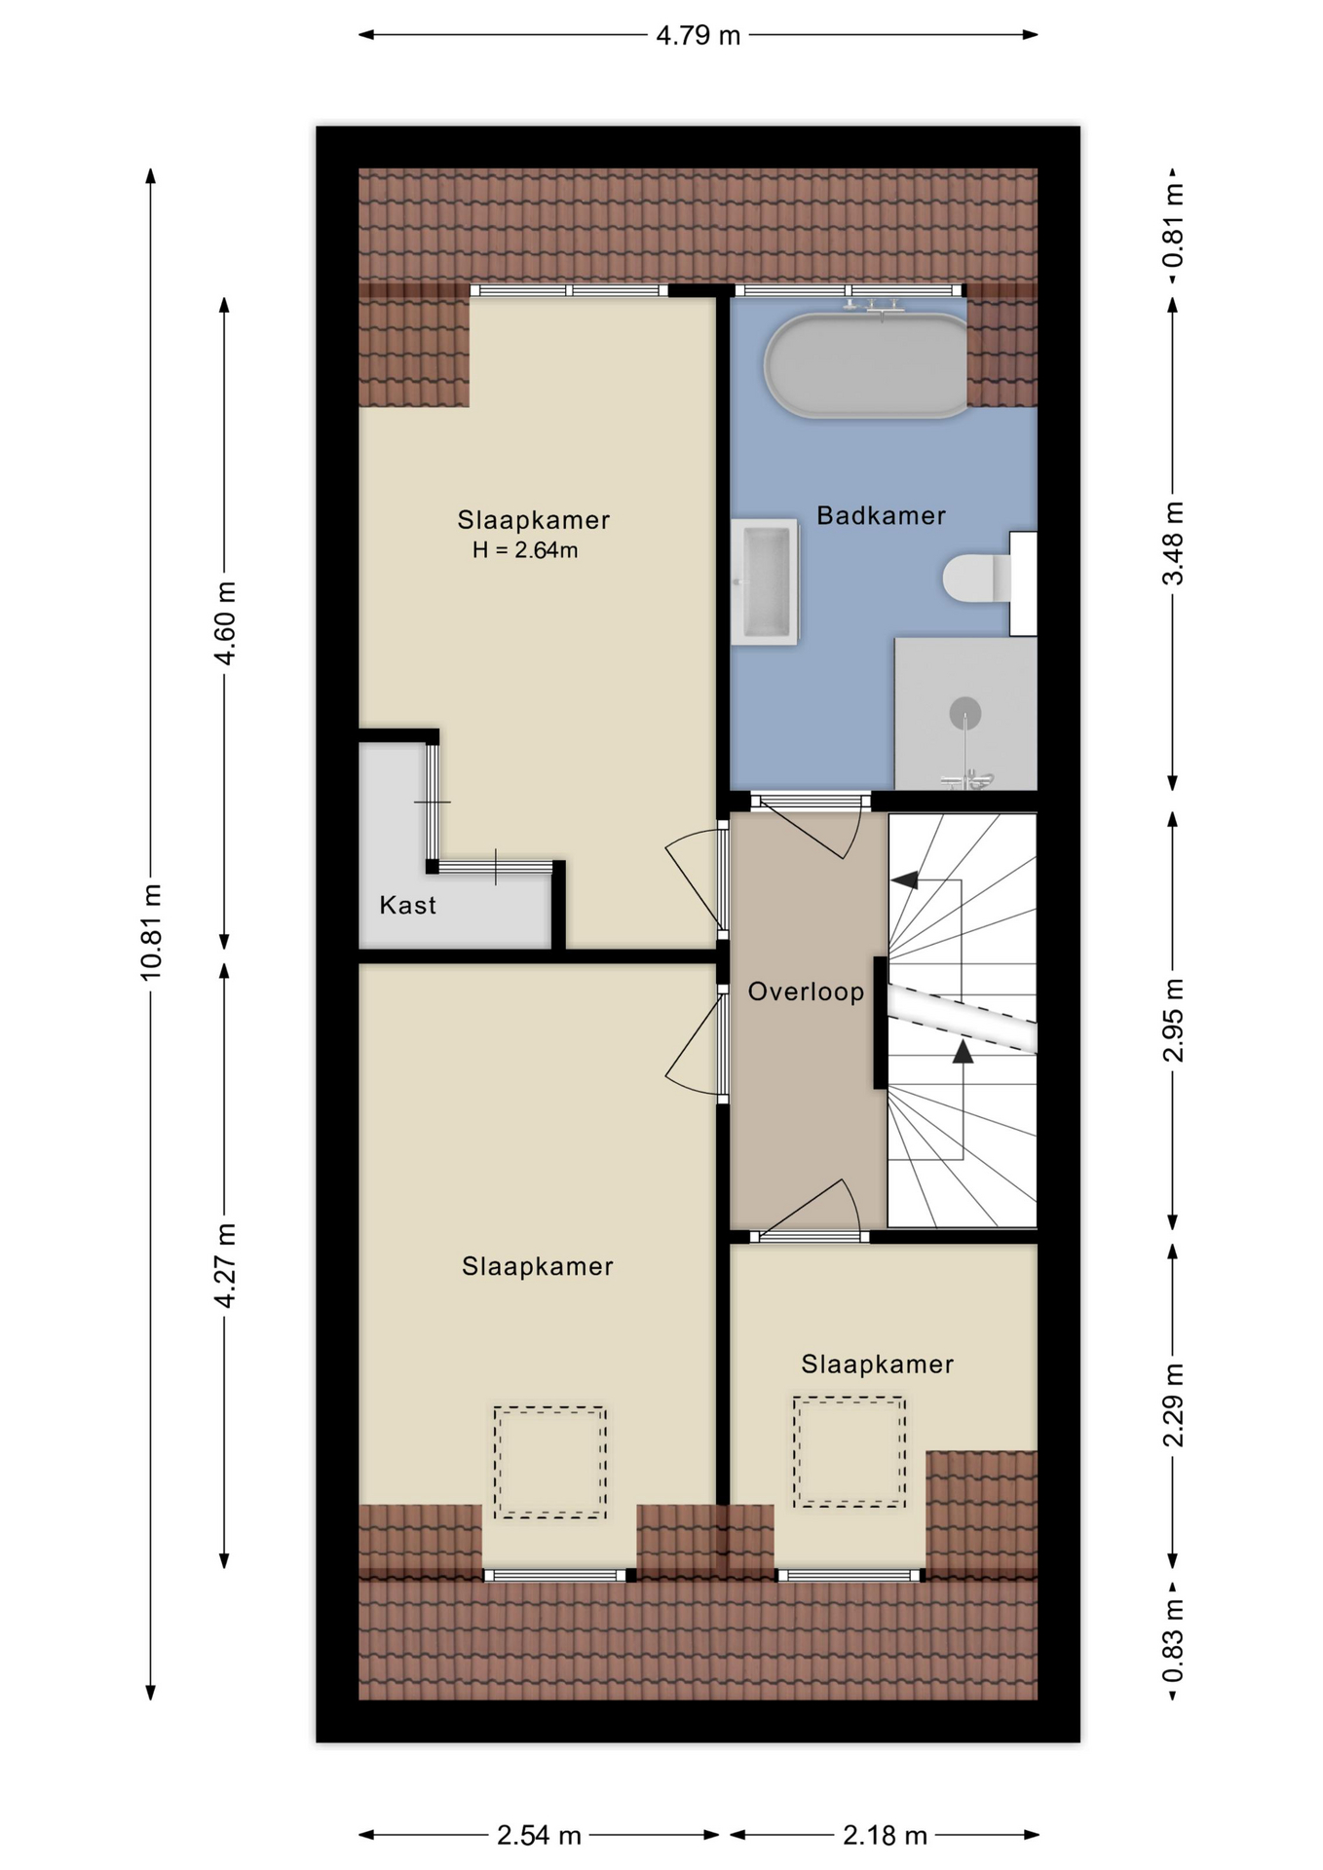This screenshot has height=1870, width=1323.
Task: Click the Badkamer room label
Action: [881, 515]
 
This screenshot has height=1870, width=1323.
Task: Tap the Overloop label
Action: [806, 991]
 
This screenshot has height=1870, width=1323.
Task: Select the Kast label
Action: [407, 905]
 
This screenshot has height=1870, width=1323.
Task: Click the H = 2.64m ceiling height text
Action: [525, 550]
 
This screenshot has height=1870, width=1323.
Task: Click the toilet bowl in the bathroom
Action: [968, 578]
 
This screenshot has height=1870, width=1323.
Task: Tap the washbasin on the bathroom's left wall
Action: [765, 582]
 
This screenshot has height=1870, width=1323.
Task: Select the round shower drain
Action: [964, 713]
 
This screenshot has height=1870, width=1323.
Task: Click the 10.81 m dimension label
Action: [150, 932]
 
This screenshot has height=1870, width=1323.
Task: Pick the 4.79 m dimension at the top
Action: [699, 36]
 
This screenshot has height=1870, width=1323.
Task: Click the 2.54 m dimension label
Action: [539, 1836]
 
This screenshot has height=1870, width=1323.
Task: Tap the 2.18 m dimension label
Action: [885, 1836]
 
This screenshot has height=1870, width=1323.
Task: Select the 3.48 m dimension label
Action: [1173, 543]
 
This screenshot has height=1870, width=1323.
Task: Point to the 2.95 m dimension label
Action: [1173, 1020]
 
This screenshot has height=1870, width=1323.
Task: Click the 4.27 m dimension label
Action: [224, 1266]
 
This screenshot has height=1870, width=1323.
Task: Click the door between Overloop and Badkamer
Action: [810, 803]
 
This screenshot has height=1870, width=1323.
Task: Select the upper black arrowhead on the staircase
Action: [905, 880]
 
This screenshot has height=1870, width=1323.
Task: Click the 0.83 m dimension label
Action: [1173, 1640]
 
